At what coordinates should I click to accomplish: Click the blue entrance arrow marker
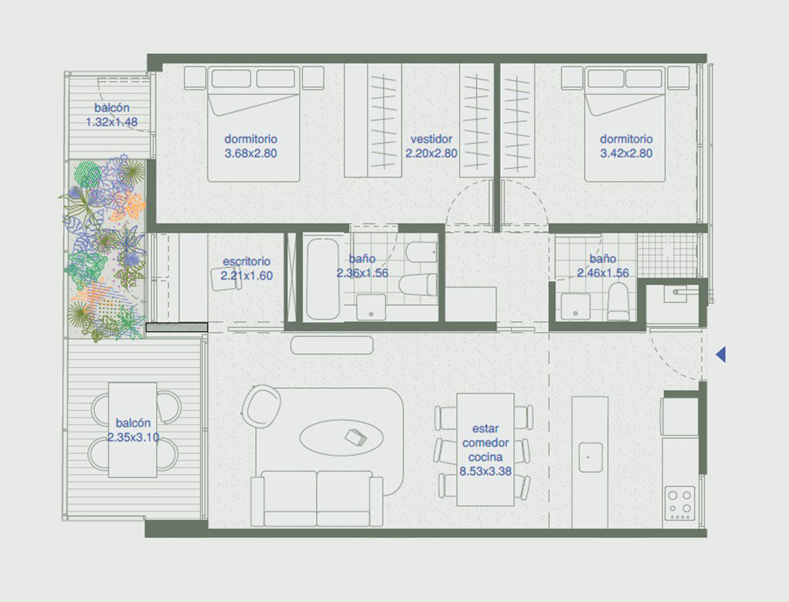[x=721, y=354]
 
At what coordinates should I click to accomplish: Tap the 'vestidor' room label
[x=431, y=139]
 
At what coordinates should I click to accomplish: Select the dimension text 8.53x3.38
[x=485, y=471]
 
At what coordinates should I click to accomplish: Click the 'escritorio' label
[x=247, y=262]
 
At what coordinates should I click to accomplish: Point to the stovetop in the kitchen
[x=680, y=503]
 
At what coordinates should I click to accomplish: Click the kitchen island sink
[x=590, y=457]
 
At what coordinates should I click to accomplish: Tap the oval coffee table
[x=342, y=438]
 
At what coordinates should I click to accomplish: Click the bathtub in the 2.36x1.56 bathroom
[x=323, y=279]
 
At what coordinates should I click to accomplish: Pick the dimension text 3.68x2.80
[x=251, y=153]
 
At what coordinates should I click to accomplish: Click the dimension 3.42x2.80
[x=626, y=153]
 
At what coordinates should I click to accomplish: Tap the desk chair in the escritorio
[x=226, y=279]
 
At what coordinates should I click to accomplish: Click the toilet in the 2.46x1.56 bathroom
[x=618, y=302]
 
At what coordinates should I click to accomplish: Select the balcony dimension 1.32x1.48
[x=112, y=122]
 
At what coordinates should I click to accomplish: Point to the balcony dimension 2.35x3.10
[x=133, y=438]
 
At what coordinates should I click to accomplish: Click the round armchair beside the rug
[x=262, y=407]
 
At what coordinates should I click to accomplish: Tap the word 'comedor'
[x=486, y=443]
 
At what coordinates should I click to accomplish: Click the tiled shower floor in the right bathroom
[x=667, y=256]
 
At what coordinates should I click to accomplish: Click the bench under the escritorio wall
[x=332, y=345]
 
